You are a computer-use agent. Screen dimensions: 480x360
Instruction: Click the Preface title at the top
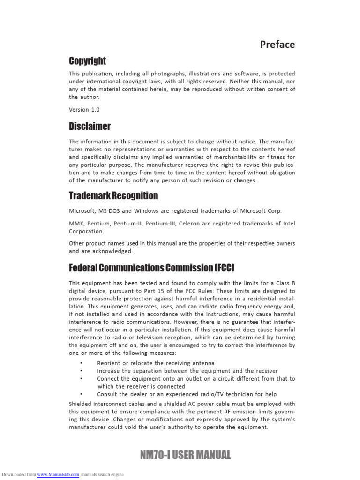(277, 45)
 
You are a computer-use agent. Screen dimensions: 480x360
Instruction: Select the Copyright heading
(87, 61)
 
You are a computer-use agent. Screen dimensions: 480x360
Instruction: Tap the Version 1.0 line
(84, 109)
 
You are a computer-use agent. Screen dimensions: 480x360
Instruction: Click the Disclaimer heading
(90, 126)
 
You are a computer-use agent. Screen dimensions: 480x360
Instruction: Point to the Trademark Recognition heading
(113, 195)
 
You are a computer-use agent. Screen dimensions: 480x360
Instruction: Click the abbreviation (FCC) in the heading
(224, 268)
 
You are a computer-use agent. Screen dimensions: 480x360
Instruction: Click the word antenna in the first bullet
(203, 363)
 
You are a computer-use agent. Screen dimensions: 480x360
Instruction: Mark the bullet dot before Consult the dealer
(81, 394)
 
